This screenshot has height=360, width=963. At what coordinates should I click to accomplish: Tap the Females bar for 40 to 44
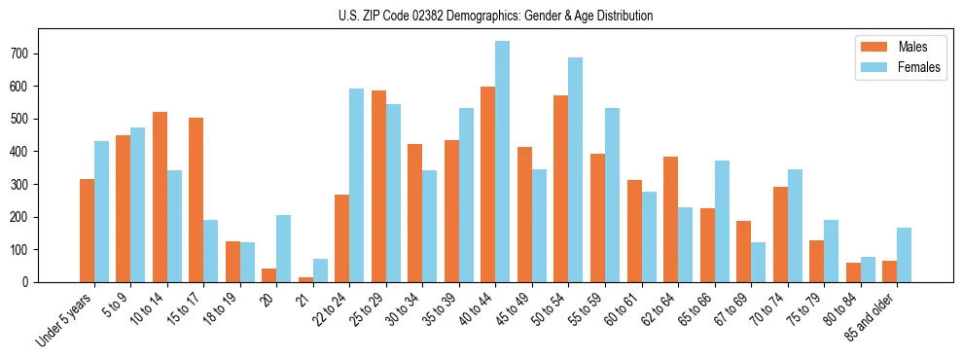tap(502, 162)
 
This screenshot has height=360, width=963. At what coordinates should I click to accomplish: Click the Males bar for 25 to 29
tap(378, 186)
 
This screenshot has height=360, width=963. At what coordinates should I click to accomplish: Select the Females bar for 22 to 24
tap(356, 185)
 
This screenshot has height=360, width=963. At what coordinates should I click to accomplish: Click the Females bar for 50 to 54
tap(576, 169)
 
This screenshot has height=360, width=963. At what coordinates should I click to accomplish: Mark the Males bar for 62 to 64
tap(670, 219)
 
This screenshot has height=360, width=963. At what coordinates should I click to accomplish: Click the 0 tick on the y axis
tap(32, 282)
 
